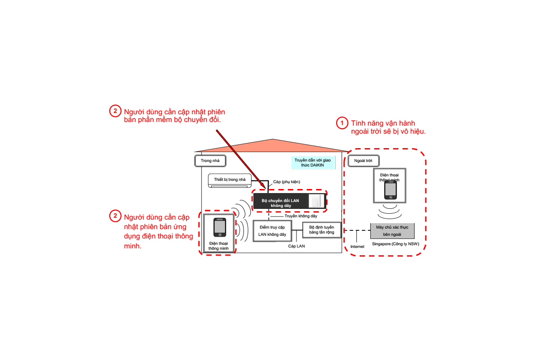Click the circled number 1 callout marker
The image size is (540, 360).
click(343, 123)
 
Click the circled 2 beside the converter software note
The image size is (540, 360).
click(115, 111)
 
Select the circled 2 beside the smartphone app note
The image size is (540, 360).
click(115, 216)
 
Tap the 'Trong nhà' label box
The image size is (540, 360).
click(210, 161)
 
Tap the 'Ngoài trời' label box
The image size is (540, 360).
click(363, 161)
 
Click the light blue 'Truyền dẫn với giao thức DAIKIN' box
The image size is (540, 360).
click(313, 162)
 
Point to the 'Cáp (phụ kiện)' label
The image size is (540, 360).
click(287, 182)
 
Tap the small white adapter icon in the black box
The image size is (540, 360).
click(317, 202)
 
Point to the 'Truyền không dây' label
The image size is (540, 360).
click(301, 216)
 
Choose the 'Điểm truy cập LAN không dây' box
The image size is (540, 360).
click(272, 231)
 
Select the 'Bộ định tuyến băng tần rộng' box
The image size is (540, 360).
click(321, 230)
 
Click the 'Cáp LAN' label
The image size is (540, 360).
click(297, 246)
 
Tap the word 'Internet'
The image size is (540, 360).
click(357, 246)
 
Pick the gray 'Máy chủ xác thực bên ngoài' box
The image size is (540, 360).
click(392, 231)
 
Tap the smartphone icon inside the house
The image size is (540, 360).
click(220, 228)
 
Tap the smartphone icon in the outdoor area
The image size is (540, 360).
click(390, 190)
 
